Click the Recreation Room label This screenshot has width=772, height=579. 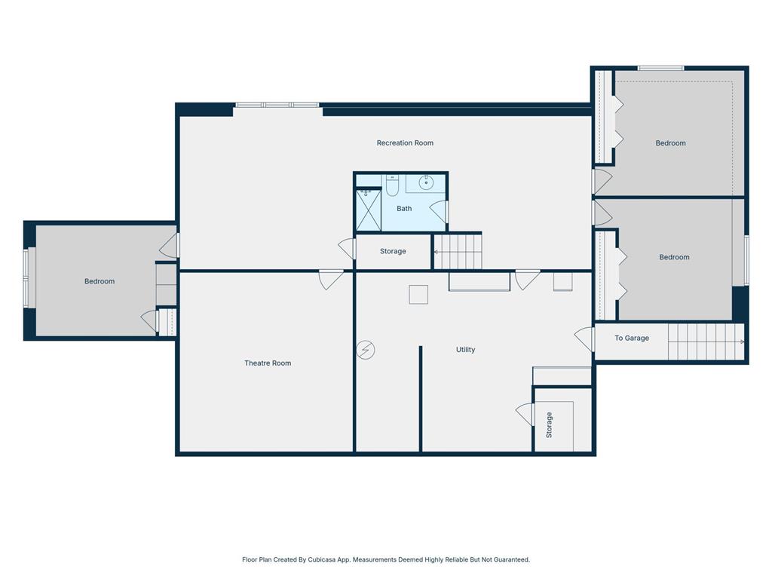(405, 142)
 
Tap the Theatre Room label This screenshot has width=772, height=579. (268, 363)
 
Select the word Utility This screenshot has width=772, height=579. (465, 350)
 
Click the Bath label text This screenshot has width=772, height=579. (404, 208)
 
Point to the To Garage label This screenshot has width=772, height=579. (632, 338)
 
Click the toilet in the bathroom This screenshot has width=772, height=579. (392, 185)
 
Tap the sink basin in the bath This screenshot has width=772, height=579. (426, 182)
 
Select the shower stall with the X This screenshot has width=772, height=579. (368, 210)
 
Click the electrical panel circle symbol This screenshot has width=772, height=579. (366, 350)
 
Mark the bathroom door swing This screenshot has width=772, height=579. (439, 212)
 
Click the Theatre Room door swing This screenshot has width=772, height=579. (330, 279)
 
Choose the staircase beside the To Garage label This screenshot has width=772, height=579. (706, 342)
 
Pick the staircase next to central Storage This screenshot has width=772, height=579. (458, 252)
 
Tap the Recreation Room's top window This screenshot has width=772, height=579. (277, 105)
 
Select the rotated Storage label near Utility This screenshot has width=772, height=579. (549, 425)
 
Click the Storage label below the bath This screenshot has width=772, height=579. (393, 251)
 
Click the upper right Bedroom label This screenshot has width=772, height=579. (670, 142)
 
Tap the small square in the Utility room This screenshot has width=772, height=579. (418, 295)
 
